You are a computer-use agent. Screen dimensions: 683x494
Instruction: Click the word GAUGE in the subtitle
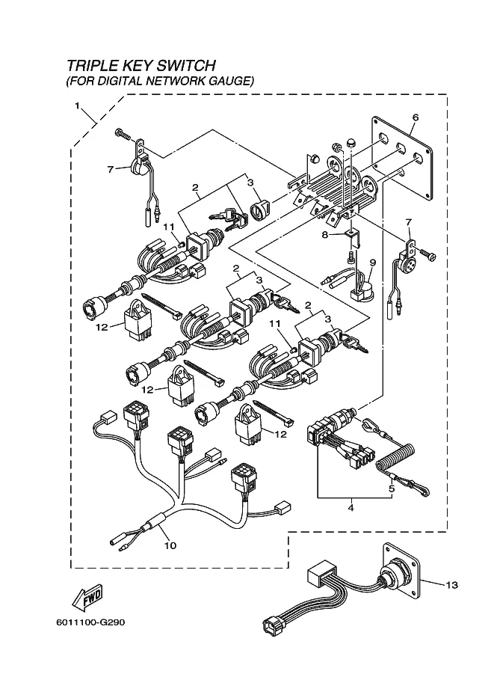231,80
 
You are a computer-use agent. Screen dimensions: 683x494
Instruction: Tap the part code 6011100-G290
91,622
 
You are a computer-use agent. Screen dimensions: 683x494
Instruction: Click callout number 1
78,106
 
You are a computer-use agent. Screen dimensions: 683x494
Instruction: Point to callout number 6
415,117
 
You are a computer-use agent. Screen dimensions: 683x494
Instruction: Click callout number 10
170,545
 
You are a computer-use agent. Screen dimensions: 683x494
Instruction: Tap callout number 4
351,508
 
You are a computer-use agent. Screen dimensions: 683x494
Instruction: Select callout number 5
390,490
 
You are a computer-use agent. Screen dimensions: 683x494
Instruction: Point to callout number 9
371,263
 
